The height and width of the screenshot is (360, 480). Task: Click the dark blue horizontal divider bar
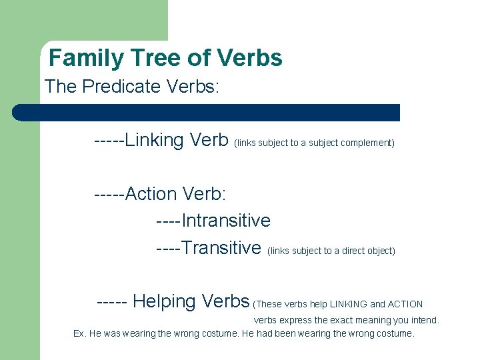coord(207,112)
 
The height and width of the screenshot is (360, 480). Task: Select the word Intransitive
coord(226,221)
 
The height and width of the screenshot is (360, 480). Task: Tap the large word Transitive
coord(221,248)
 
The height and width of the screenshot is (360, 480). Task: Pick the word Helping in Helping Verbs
coord(164,301)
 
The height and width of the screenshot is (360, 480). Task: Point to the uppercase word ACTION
coord(406,305)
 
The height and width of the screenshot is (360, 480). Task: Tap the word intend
coord(425,321)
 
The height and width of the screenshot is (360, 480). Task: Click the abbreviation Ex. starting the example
coord(79,333)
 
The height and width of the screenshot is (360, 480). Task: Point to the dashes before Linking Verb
coord(109,141)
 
